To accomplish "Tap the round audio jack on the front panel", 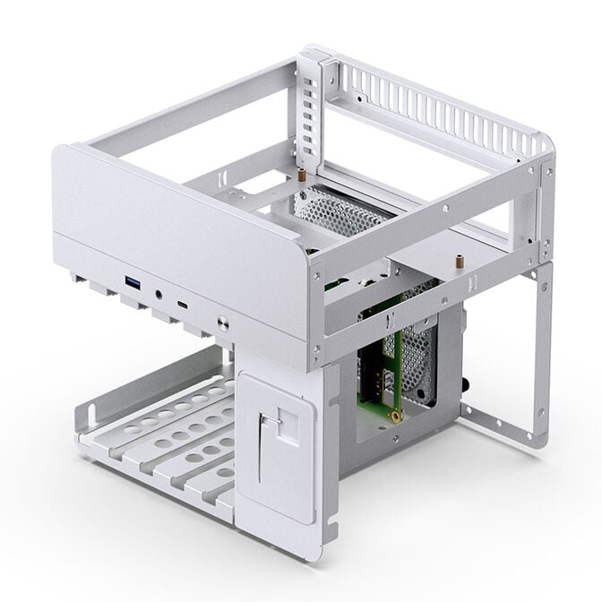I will [x=159, y=292].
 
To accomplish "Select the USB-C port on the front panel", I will [x=184, y=305].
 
